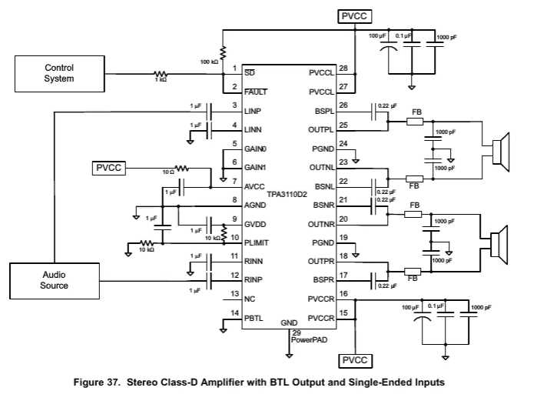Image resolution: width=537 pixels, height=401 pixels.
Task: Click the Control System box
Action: click(59, 74)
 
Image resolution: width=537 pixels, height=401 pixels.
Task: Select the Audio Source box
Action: click(54, 280)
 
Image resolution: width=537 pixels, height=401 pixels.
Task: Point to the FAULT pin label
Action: click(256, 92)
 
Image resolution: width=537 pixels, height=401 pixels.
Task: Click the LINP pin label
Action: click(253, 111)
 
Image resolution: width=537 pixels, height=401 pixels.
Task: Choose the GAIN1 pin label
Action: click(255, 167)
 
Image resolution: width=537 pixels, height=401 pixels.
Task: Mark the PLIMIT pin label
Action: click(257, 242)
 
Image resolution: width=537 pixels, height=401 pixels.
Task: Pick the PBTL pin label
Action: click(254, 317)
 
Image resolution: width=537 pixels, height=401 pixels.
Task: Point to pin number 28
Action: click(343, 68)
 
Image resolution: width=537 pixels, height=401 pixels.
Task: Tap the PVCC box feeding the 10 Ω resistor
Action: click(108, 168)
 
